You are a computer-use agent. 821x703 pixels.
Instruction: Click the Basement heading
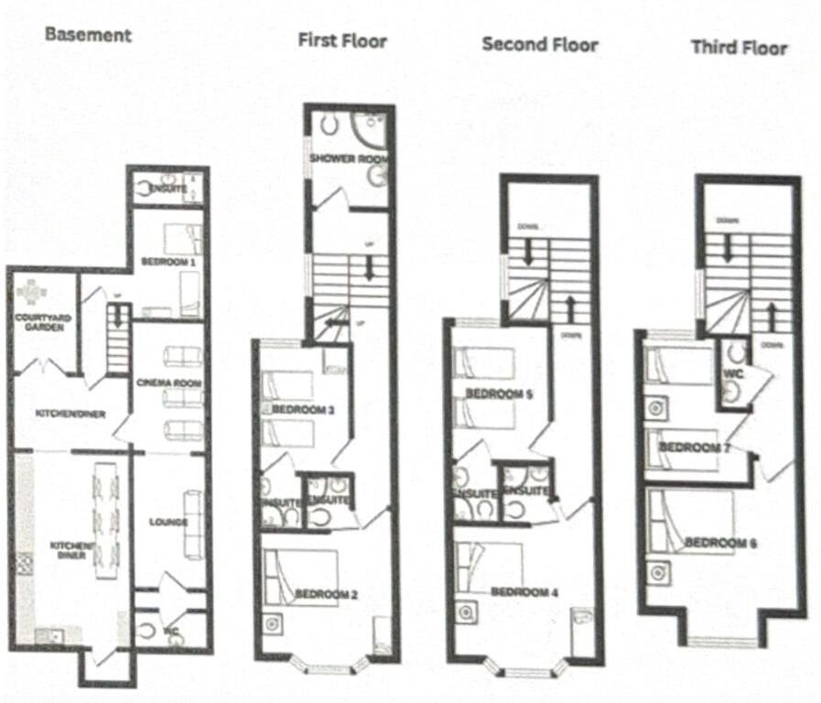point(88,36)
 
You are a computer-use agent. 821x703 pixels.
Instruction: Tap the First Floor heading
point(341,40)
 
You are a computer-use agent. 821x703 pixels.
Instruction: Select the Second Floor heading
point(540,44)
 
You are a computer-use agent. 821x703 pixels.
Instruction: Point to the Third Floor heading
point(739,47)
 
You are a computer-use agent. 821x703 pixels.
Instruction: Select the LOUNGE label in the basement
point(167,522)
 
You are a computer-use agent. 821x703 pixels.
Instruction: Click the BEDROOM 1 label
point(168,262)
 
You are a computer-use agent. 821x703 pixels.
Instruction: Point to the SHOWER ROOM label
point(348,158)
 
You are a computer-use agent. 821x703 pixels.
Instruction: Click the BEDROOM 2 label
point(326,594)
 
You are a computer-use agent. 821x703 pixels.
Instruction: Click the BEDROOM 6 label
point(720,543)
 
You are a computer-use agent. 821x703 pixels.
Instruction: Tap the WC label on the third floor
point(731,374)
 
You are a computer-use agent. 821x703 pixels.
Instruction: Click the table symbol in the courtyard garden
point(32,292)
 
